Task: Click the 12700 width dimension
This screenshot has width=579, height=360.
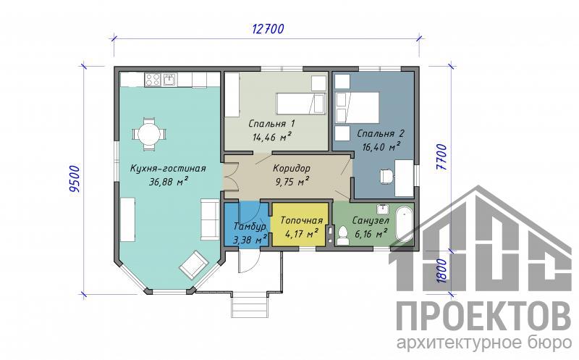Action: click(x=268, y=28)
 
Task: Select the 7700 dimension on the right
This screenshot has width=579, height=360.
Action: click(x=441, y=157)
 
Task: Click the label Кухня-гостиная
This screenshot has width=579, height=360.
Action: click(x=168, y=169)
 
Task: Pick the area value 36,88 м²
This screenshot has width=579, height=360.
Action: click(x=169, y=182)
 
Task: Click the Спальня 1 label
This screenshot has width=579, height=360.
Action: click(x=271, y=123)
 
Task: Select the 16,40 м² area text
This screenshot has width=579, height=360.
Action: click(x=381, y=147)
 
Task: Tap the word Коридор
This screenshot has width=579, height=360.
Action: click(x=292, y=169)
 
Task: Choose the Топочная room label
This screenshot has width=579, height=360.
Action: click(x=302, y=220)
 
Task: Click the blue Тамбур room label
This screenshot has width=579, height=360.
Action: click(x=250, y=226)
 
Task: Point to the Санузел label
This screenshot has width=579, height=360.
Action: click(x=371, y=221)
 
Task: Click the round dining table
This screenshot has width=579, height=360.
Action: click(x=149, y=134)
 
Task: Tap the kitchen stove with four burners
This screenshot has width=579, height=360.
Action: click(x=153, y=79)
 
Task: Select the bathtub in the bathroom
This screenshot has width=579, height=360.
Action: click(x=405, y=225)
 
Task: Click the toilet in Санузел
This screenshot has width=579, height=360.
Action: click(x=342, y=235)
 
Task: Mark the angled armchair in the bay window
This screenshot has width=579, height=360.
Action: click(x=193, y=264)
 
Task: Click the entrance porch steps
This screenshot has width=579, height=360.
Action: click(x=248, y=306)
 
